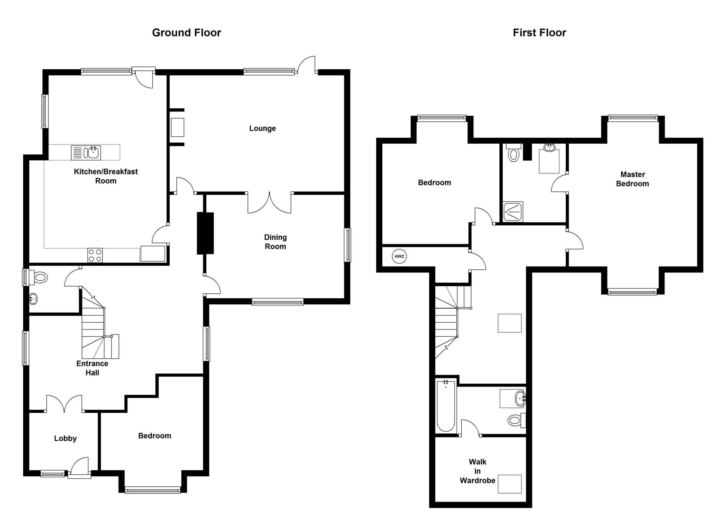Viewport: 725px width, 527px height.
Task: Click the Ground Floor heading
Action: click(x=187, y=33)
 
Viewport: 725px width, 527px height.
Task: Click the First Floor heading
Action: click(x=539, y=33)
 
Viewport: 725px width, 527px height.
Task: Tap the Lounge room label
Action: click(x=262, y=128)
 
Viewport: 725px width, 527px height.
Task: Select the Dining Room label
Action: click(x=275, y=242)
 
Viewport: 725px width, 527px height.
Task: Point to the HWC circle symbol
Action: click(x=399, y=257)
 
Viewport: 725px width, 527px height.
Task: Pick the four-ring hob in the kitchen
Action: click(x=95, y=255)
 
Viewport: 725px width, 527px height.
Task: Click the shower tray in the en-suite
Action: click(x=513, y=212)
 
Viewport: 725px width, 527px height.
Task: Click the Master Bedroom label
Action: click(x=632, y=179)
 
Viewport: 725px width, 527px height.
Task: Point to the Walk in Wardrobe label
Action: click(x=477, y=471)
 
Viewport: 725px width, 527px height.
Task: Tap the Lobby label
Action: click(x=65, y=438)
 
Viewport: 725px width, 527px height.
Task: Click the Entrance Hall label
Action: click(x=92, y=368)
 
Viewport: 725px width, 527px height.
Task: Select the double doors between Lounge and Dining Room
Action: click(x=269, y=203)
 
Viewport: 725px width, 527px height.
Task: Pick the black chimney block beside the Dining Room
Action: click(x=205, y=233)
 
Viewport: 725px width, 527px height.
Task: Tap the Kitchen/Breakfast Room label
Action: click(x=105, y=176)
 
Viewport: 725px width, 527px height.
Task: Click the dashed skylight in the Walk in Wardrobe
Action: click(x=510, y=484)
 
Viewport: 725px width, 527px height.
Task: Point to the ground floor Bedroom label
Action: click(x=155, y=436)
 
